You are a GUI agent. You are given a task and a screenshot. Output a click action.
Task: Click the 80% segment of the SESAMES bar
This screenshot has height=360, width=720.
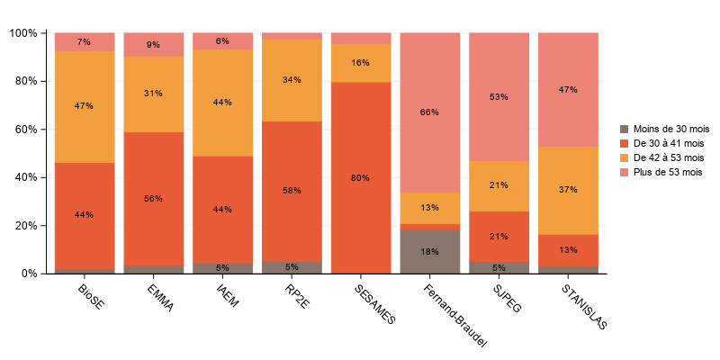pyautogui.click(x=360, y=177)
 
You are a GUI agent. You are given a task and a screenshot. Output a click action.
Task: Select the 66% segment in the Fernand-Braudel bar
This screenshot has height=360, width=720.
pyautogui.click(x=429, y=112)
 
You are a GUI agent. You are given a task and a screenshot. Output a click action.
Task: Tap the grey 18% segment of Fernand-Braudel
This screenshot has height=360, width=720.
pyautogui.click(x=429, y=251)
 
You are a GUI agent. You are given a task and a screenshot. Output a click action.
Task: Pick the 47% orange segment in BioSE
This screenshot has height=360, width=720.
pyautogui.click(x=85, y=106)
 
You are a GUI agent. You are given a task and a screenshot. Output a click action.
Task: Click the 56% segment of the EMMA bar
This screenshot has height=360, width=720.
pyautogui.click(x=154, y=198)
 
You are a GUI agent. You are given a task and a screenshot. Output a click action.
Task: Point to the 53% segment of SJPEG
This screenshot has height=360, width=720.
pyautogui.click(x=499, y=96)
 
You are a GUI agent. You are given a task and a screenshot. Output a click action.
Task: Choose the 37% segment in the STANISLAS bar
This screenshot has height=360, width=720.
pyautogui.click(x=568, y=190)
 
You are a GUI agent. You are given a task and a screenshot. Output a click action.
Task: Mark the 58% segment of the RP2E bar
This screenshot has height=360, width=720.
pyautogui.click(x=292, y=191)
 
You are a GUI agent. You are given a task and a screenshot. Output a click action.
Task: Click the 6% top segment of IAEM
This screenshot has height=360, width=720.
pyautogui.click(x=222, y=41)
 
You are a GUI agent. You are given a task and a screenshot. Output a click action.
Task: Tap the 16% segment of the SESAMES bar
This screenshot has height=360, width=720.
pyautogui.click(x=360, y=63)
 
